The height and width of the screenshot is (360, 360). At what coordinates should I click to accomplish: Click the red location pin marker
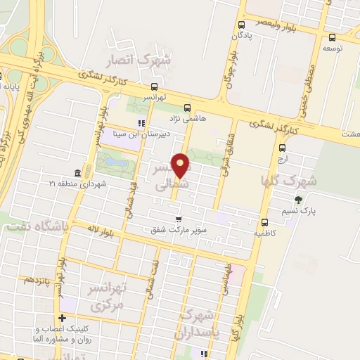(181, 166)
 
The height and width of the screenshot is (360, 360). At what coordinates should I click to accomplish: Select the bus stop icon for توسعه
(332, 39)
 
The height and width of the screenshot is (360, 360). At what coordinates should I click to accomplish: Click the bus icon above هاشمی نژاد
(187, 108)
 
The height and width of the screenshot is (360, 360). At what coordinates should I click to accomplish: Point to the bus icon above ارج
(282, 148)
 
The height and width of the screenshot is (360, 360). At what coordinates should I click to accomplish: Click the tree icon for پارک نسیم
(299, 200)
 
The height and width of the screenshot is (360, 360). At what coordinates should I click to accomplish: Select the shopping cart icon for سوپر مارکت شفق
(178, 219)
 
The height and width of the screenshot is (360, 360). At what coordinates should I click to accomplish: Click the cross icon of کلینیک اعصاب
(63, 319)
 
